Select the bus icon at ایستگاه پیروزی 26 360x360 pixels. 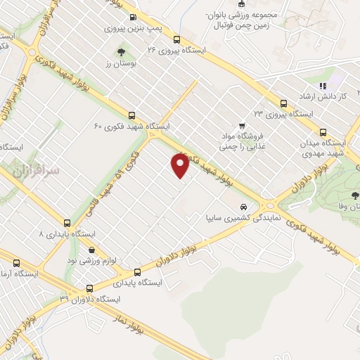pos(176,39)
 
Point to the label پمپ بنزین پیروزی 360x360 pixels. pos(131,29)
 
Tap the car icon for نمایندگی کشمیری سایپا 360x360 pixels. pos(243,207)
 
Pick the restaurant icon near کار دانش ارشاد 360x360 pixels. pos(323,86)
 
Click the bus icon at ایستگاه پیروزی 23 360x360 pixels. pos(283,102)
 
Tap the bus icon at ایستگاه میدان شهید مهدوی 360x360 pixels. pos(323,131)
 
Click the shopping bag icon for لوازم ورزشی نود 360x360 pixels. pos(91,249)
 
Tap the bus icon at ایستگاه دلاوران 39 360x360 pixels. pos(89,288)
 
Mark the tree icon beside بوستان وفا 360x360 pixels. pos(354,196)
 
